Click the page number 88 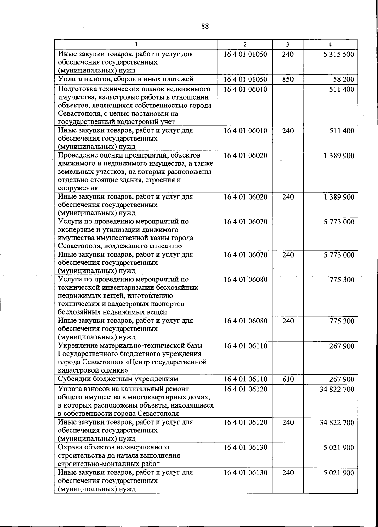[205, 26]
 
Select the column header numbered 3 [288, 45]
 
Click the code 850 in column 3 [288, 79]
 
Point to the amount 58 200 [344, 79]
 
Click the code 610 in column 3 [288, 379]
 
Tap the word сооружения [77, 188]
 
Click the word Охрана [69, 447]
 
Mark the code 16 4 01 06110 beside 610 [245, 379]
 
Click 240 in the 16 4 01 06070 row [288, 255]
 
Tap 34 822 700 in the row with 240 [337, 422]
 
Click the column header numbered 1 [136, 45]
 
